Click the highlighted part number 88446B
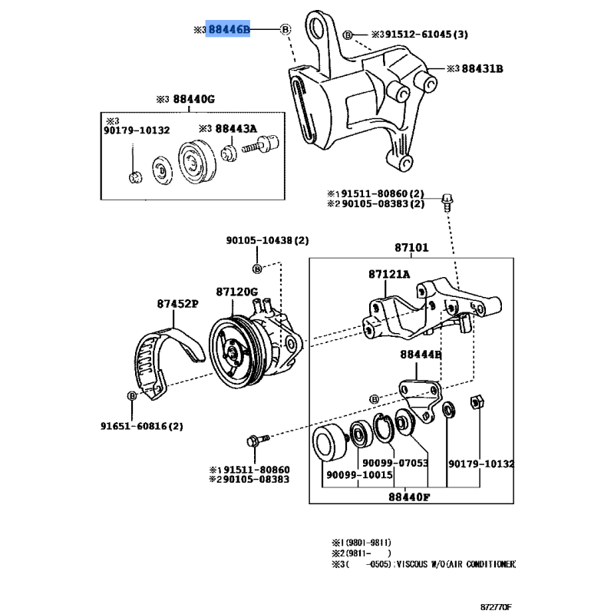(229, 29)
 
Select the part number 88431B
(480, 69)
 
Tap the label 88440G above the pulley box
(193, 99)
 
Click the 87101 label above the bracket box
(411, 249)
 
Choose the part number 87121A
(389, 274)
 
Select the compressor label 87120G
(237, 292)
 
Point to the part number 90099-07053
(395, 464)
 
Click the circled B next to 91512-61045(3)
(348, 35)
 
